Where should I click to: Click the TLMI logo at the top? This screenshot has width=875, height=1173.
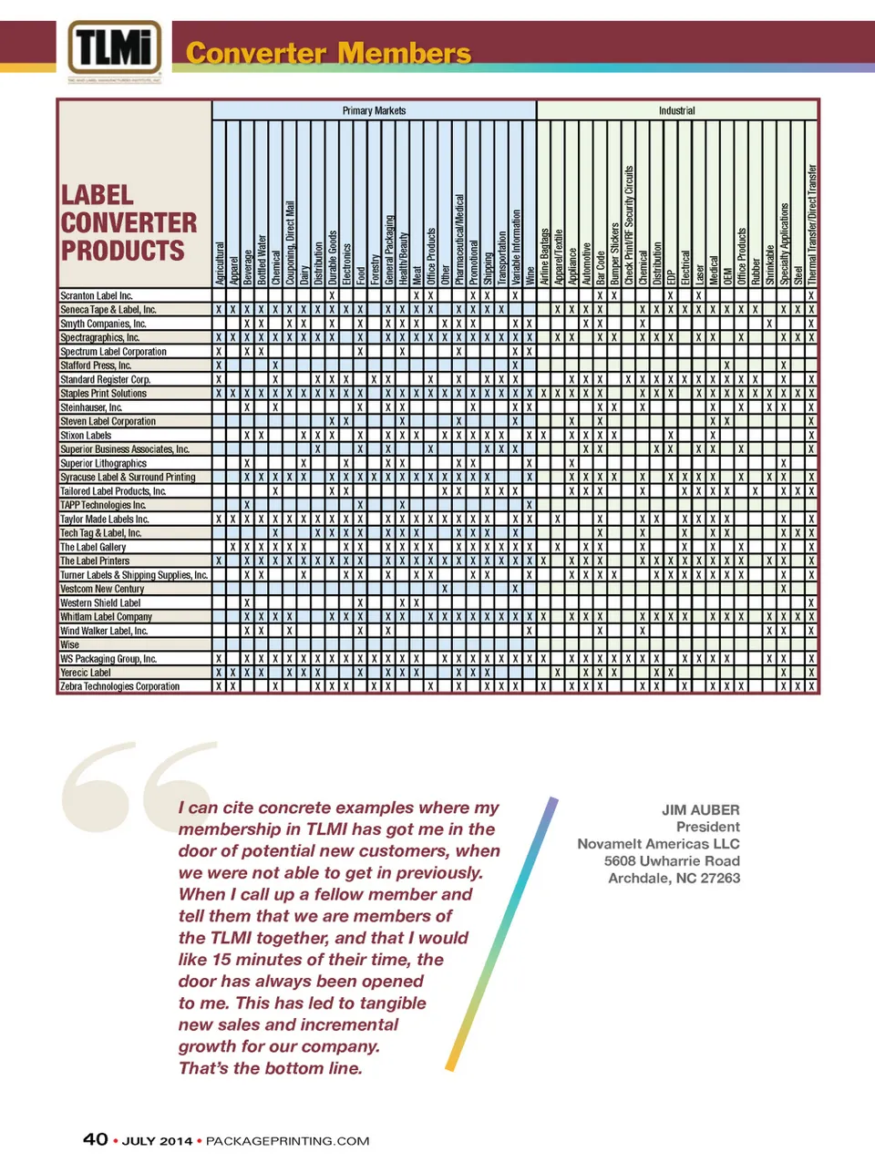(115, 49)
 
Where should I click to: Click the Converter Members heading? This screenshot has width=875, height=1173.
(328, 53)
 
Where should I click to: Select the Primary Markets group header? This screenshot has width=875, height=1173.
(374, 110)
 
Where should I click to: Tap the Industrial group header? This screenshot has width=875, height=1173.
(676, 110)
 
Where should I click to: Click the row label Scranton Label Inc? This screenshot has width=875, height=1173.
(96, 295)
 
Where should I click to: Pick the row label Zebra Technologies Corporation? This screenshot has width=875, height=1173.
(119, 686)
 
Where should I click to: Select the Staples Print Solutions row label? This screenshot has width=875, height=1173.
(103, 393)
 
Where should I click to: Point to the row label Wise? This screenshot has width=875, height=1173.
(69, 644)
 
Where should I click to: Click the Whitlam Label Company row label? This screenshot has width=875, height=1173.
(106, 617)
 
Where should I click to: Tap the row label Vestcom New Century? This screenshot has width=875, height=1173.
(102, 589)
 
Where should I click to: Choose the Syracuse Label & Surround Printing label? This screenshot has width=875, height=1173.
(128, 477)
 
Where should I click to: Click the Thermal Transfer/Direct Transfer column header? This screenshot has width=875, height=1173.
(811, 224)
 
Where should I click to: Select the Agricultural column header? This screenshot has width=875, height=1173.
(219, 263)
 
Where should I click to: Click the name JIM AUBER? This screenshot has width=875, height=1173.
(700, 809)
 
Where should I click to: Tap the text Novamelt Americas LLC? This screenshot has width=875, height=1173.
(658, 844)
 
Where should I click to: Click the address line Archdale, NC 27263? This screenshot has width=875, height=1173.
(674, 879)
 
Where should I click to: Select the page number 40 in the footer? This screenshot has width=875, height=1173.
(96, 1139)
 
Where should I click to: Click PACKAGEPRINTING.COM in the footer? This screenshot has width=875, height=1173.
(287, 1141)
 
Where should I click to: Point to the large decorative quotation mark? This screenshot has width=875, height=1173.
(137, 784)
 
